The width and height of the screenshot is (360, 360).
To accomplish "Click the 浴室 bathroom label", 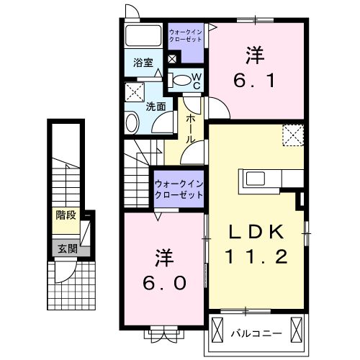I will pyautogui.click(x=143, y=63).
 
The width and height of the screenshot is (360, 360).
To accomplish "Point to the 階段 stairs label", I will pyautogui.click(x=66, y=215).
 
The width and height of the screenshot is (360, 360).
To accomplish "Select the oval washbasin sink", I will pyautogui.click(x=132, y=122).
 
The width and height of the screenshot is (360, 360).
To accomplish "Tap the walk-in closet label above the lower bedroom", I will pyautogui.click(x=179, y=189).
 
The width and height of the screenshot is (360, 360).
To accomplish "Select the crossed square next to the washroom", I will pyautogui.click(x=133, y=91).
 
